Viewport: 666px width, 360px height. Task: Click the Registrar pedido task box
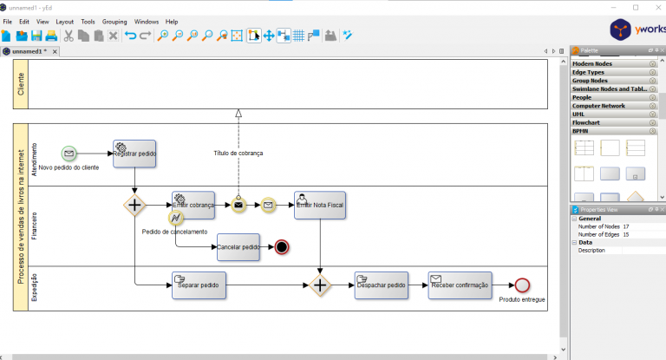[x=134, y=154]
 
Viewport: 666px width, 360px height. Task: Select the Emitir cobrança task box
[x=193, y=205]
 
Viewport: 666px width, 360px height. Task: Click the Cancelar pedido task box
[x=238, y=247]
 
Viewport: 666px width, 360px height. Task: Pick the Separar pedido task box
[x=199, y=285]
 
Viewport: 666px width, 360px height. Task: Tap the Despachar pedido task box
[x=381, y=285]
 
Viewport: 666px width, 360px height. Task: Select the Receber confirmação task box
[x=459, y=285]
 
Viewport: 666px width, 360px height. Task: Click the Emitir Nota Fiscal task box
[x=320, y=205]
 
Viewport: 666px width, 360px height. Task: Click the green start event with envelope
[x=69, y=154]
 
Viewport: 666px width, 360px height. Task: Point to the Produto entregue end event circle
[x=521, y=285]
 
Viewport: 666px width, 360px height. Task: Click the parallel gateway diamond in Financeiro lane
[x=134, y=205]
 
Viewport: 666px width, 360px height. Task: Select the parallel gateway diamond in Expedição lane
[x=320, y=285]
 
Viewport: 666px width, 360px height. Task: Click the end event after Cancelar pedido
[x=281, y=247]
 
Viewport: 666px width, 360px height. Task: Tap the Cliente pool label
[x=21, y=84]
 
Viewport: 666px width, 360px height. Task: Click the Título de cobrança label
[x=238, y=154]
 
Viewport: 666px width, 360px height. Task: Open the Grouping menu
[x=114, y=21]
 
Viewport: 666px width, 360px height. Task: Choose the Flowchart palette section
[x=587, y=122]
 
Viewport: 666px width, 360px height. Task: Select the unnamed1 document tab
[x=29, y=51]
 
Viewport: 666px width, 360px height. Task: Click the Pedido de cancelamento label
[x=175, y=232]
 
